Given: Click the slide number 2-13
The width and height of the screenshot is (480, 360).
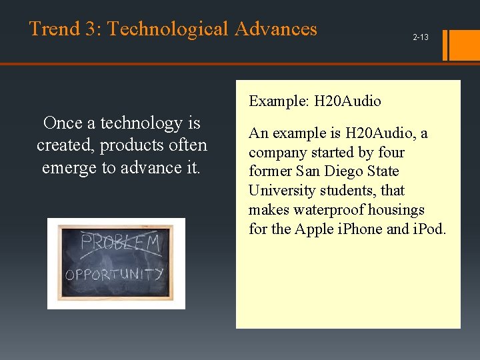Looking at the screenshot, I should coord(420,37).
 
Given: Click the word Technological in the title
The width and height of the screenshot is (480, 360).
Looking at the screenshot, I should coord(165,29).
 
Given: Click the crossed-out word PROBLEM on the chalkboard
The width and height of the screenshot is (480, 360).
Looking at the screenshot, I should coord(120,243).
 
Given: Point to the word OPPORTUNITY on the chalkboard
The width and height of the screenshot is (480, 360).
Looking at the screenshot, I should coord(114,274).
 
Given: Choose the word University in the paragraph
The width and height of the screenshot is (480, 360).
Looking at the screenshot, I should coord(279,191).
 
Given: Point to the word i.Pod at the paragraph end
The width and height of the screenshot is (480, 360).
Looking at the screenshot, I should coord(429,229).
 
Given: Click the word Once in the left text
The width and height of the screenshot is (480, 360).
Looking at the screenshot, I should coord(62,123).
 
